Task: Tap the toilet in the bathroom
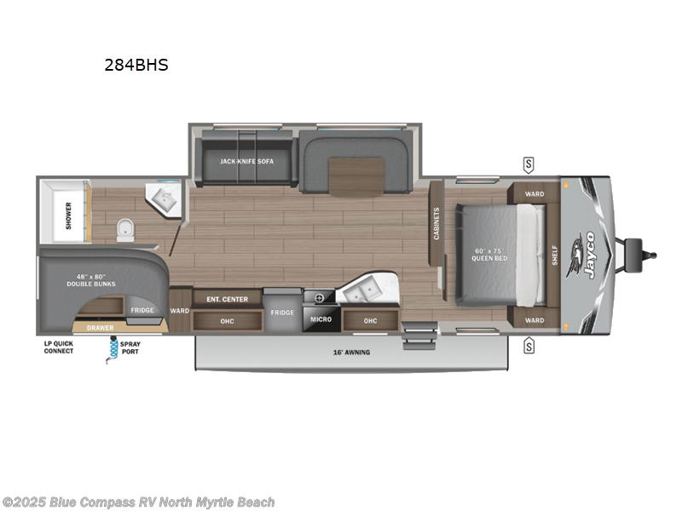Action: pos(125,227)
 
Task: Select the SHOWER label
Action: pos(69,209)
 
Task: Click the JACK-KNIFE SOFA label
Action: pos(246,160)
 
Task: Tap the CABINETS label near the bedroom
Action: pos(436,223)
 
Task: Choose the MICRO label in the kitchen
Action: pos(321,320)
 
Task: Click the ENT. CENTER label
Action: pos(227,298)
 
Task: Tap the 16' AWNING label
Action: pos(352,352)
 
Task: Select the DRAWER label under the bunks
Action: pos(100,326)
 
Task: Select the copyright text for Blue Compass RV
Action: pos(138,502)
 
